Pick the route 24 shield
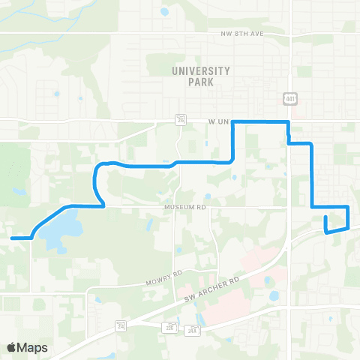tap(120, 324)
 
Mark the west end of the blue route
tap(12, 238)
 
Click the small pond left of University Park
tap(57, 94)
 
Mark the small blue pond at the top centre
tap(164, 12)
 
